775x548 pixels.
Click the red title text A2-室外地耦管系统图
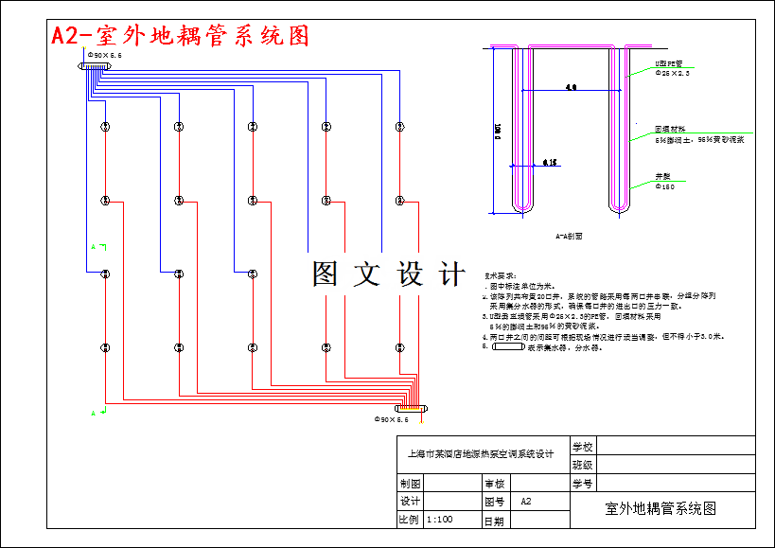(181, 36)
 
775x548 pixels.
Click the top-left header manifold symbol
(94, 66)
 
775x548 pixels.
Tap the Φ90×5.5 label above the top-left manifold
(104, 56)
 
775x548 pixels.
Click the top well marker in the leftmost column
(105, 126)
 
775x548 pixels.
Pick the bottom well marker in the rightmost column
(399, 347)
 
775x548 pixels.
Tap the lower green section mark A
(95, 413)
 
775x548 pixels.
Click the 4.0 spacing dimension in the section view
(570, 87)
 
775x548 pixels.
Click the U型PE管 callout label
(670, 63)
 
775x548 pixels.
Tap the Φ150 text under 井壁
(665, 186)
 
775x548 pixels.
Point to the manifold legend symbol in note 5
(507, 347)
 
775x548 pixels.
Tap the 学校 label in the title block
(583, 445)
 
